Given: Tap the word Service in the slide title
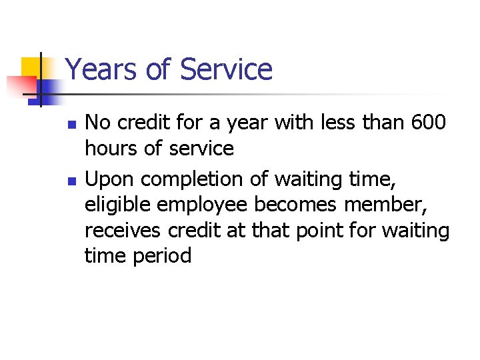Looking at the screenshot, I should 226,69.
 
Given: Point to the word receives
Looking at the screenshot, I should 123,231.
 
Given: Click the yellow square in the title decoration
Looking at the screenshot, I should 32,68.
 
